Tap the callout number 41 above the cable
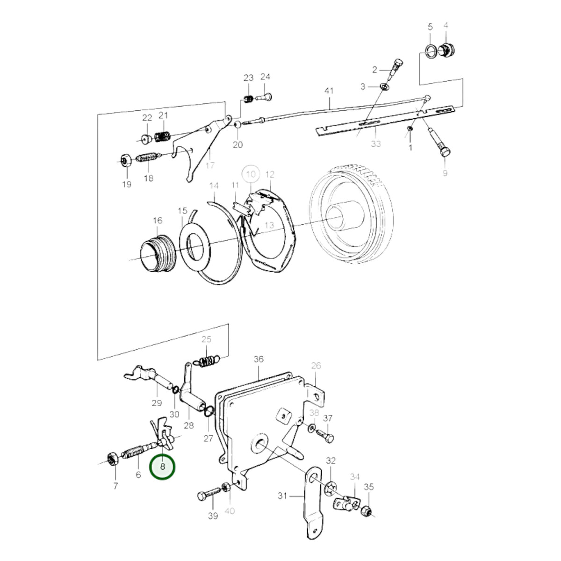tap(329, 91)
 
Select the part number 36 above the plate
tap(259, 359)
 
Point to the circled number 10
tap(251, 174)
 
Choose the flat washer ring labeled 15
tap(194, 245)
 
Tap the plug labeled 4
tap(447, 50)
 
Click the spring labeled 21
tap(162, 136)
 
